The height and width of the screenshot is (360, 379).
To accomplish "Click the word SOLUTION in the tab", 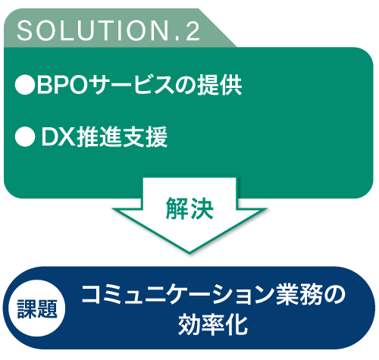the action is [x=93, y=31].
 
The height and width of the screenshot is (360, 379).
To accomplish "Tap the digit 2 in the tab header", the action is [x=193, y=31].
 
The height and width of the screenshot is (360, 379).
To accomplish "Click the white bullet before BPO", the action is [x=25, y=85].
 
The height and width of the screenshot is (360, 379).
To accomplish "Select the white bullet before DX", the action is [x=25, y=136].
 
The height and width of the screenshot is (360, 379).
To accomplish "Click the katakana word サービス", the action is [x=133, y=85].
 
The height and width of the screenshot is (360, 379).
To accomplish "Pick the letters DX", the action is [x=58, y=136].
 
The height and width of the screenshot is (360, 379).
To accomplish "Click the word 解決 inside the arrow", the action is [x=189, y=208].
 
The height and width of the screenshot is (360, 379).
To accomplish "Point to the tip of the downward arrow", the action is [x=189, y=253].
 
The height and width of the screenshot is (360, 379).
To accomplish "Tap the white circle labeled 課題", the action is [x=37, y=308].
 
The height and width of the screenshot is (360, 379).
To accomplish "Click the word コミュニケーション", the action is [x=177, y=295].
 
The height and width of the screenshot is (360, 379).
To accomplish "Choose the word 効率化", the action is [x=213, y=325].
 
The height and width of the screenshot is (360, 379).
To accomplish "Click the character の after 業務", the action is [x=334, y=295].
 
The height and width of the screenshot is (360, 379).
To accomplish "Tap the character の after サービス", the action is [x=186, y=86].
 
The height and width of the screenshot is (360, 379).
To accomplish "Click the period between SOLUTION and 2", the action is [x=177, y=39].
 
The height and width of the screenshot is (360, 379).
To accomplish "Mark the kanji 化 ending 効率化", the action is [x=236, y=325].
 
